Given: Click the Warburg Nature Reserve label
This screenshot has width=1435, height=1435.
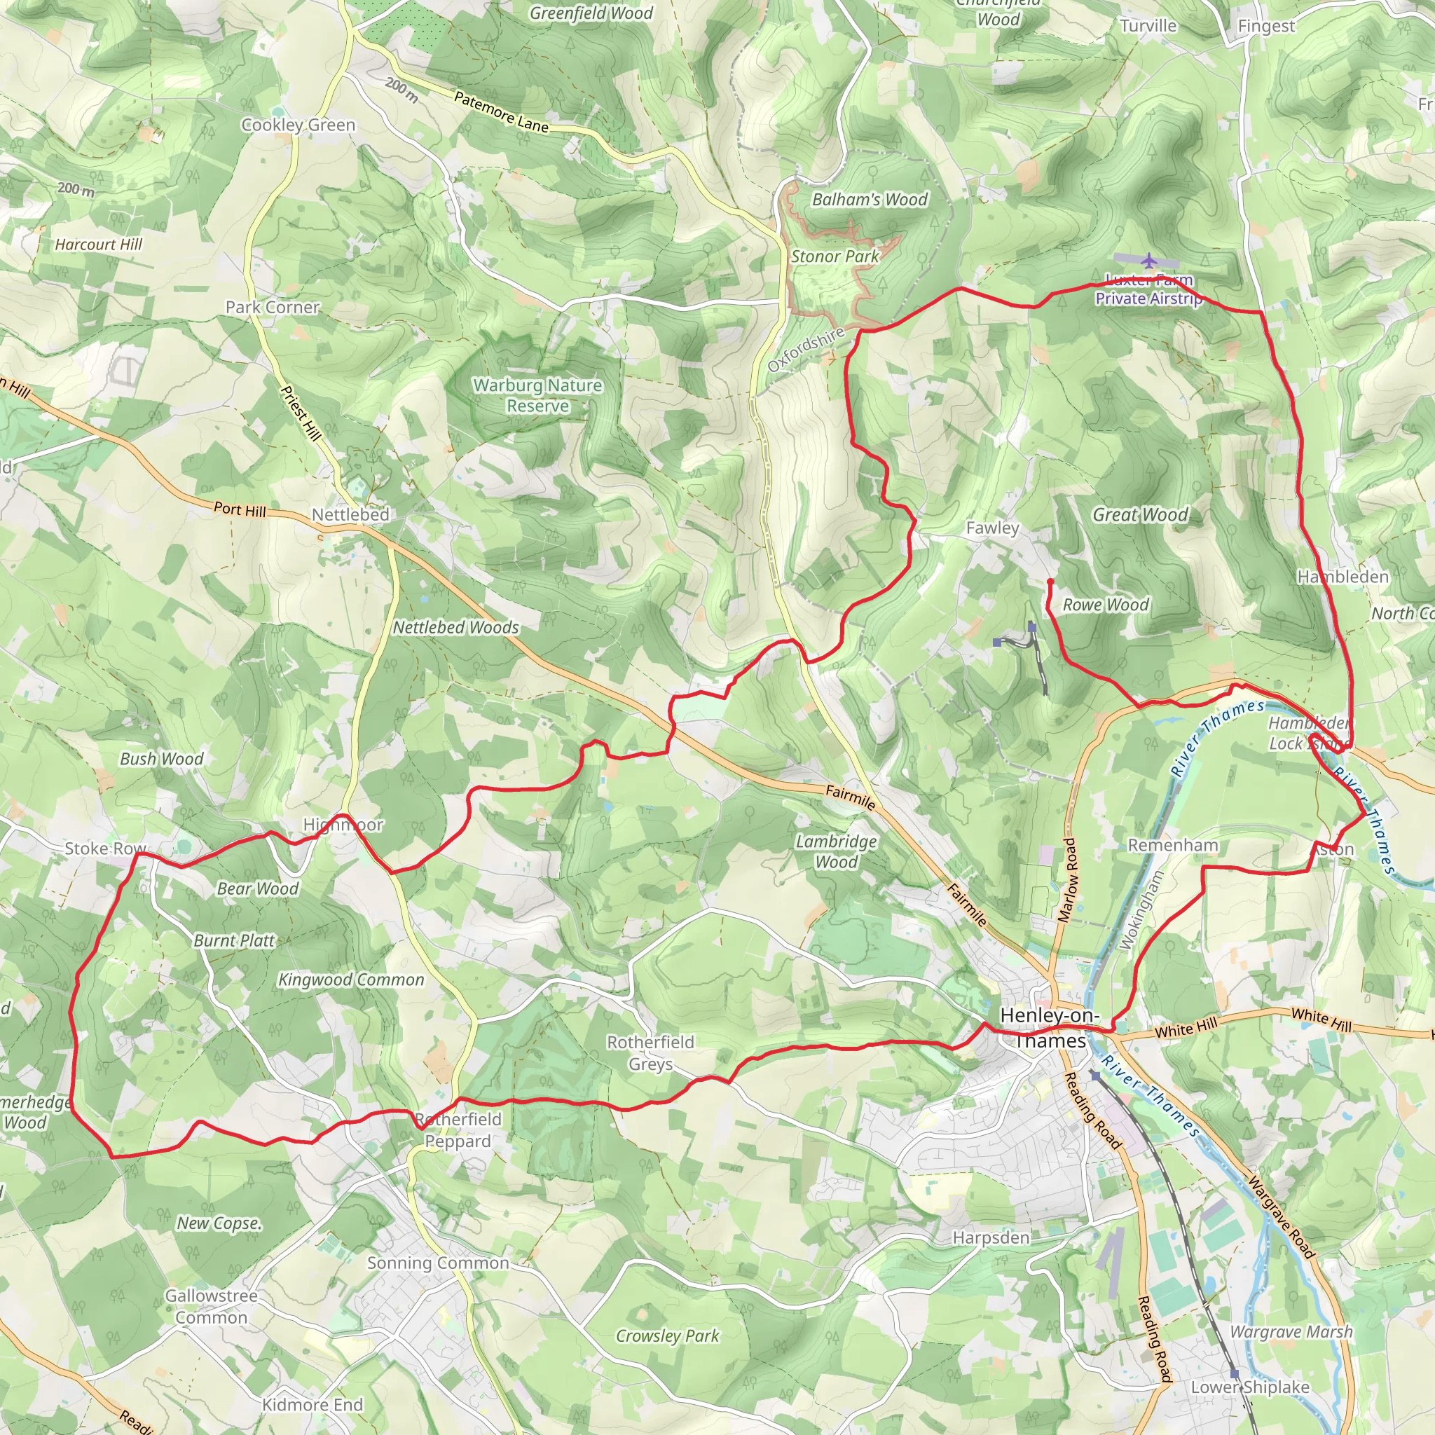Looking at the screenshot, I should click(537, 395).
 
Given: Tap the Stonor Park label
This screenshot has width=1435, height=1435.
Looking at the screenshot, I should click(834, 256).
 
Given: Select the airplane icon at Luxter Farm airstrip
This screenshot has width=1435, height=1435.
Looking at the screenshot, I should click(1149, 261).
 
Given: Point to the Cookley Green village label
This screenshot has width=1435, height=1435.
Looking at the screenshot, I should click(298, 125).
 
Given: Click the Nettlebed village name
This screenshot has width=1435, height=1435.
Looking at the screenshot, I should click(350, 514).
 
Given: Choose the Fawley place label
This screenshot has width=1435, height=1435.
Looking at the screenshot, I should click(992, 528).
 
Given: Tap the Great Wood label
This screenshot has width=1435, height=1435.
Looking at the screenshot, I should click(1140, 514).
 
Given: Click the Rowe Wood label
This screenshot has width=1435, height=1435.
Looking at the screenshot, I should click(1105, 605).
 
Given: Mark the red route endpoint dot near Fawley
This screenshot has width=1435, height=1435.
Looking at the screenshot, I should click(1050, 582).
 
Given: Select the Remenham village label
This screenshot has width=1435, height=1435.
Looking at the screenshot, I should click(1173, 845).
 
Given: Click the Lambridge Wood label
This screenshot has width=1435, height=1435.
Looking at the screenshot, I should click(837, 851).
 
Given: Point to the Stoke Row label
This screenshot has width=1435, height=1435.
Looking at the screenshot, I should click(104, 849).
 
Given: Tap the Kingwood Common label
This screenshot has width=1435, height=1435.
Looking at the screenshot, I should click(350, 980).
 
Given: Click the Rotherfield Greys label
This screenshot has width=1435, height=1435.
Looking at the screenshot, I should click(651, 1052).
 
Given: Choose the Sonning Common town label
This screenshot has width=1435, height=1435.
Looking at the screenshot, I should click(437, 1263).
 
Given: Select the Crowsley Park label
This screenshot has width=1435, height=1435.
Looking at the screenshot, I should click(667, 1336).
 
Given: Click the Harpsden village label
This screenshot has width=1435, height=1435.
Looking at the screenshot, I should click(991, 1237).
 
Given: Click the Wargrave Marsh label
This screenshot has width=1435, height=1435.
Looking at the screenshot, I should click(1291, 1332).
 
